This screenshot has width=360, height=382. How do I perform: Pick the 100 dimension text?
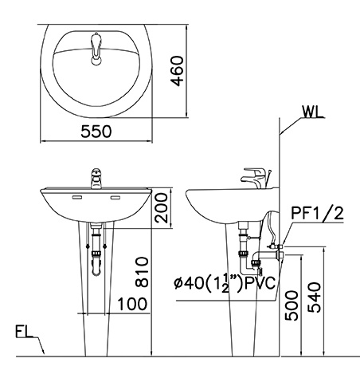pyautogui.click(x=133, y=304)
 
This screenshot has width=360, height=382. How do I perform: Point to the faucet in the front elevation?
pyautogui.click(x=95, y=178)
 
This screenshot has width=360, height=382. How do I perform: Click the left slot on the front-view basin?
pyautogui.click(x=78, y=197)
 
